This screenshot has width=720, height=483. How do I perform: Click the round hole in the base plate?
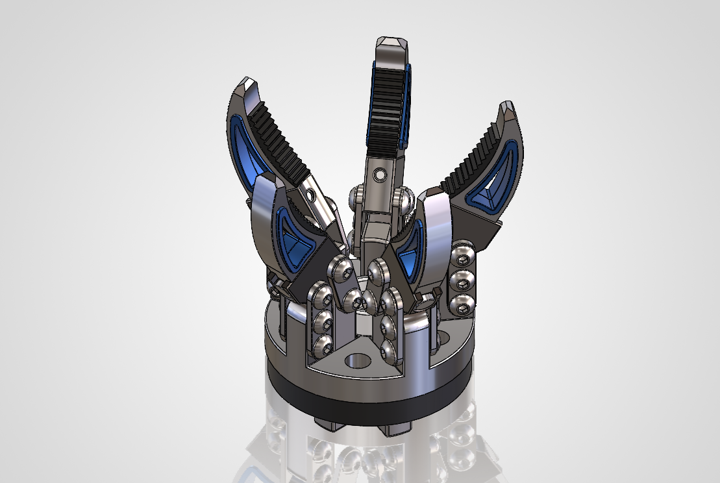click(x=356, y=359)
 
